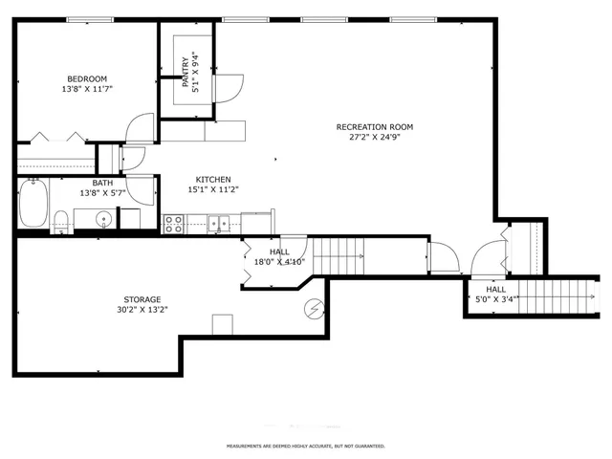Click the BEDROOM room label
pos(86,78)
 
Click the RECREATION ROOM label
pos(374,127)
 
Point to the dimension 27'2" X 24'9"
pos(374,138)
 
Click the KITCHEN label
pos(213,179)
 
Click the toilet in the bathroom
pos(61,221)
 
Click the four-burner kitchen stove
pos(174,224)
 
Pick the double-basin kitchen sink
pos(220,225)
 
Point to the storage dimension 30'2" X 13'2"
pos(142,309)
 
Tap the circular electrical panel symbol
pos(313,309)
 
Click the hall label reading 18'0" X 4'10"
pos(278,261)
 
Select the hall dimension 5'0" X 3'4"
pos(496,299)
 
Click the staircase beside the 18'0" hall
pos(339,256)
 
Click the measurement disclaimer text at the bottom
pos(305,446)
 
